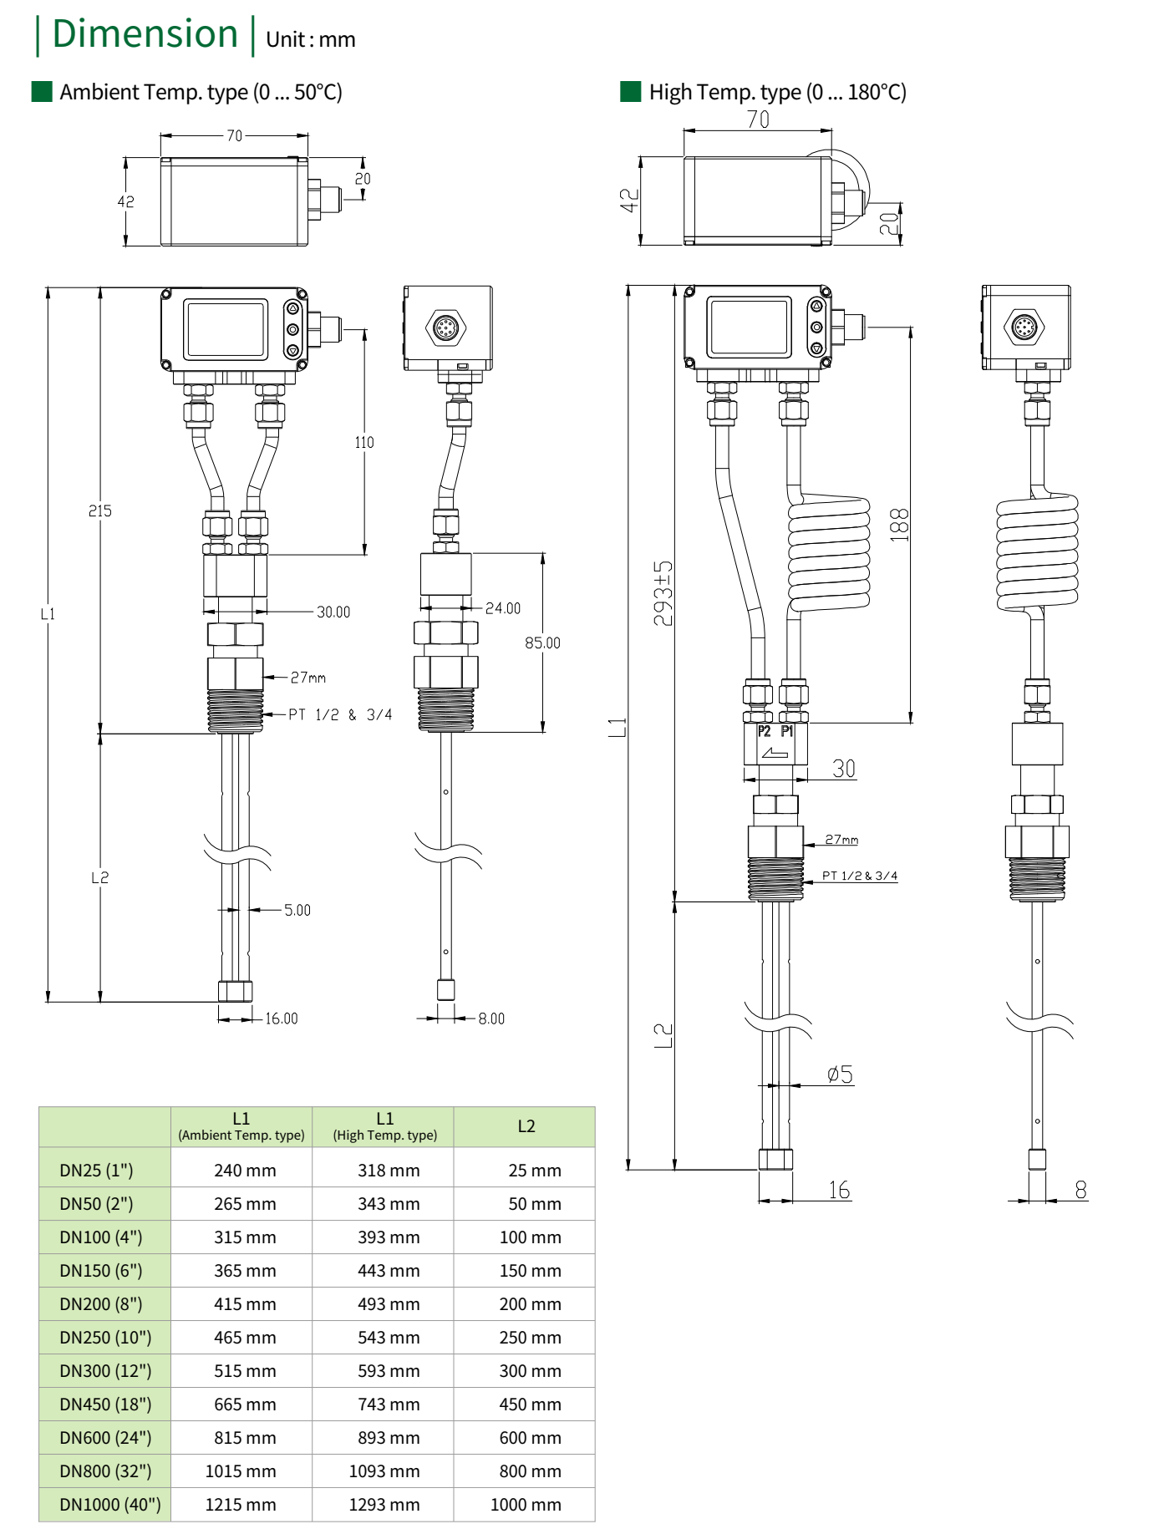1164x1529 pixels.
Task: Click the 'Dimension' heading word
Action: [x=145, y=35]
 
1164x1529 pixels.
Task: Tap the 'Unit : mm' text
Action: [x=310, y=40]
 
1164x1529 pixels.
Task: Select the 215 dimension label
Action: [x=99, y=511]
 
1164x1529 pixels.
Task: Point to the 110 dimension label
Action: [x=364, y=442]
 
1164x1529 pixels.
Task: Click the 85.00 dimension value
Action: [x=542, y=643]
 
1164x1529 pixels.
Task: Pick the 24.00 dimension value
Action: [x=503, y=608]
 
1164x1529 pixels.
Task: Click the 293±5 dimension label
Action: [x=663, y=593]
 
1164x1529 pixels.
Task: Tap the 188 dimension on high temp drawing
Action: [x=899, y=525]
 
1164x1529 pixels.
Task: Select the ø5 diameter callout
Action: [x=840, y=1074]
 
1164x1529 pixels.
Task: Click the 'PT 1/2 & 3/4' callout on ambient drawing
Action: [x=340, y=714]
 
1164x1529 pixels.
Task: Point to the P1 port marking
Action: [x=787, y=731]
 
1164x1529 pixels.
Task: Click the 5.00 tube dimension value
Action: [x=297, y=910]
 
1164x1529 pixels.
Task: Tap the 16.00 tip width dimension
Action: [x=282, y=1018]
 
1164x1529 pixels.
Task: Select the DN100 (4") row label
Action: [x=101, y=1237]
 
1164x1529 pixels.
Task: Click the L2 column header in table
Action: [x=526, y=1126]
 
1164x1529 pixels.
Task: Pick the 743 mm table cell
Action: [x=389, y=1405]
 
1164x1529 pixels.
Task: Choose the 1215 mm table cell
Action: [x=241, y=1505]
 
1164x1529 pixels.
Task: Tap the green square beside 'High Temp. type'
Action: [x=630, y=91]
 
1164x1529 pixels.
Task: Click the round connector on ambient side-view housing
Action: [x=445, y=328]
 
